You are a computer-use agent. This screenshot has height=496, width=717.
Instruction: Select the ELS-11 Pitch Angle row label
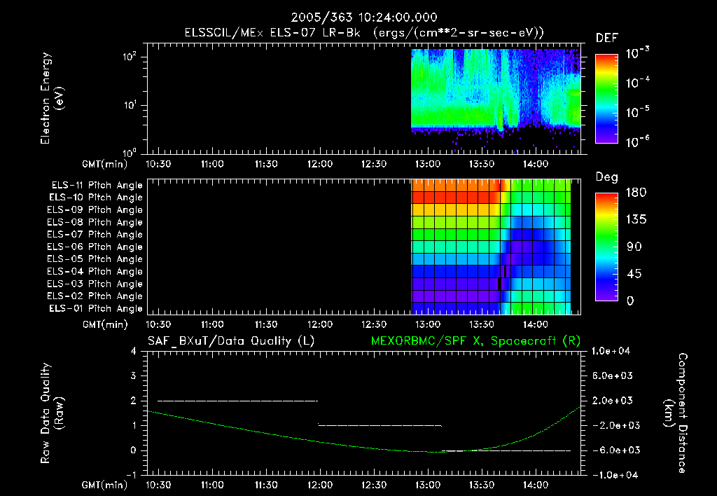(97, 185)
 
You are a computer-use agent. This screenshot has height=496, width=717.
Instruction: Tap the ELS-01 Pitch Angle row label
(97, 308)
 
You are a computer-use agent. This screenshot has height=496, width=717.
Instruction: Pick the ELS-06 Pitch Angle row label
(97, 247)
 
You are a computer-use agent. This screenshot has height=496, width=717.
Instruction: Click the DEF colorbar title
(606, 39)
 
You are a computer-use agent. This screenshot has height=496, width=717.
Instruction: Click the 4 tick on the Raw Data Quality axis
(133, 351)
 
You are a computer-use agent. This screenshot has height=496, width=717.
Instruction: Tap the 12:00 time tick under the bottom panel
(320, 485)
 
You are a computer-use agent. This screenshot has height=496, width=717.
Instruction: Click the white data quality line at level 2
(238, 401)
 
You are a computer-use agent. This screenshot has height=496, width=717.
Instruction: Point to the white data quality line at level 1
(380, 425)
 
